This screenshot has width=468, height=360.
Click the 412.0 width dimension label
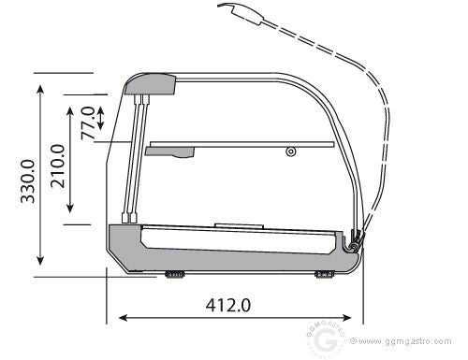click(x=228, y=305)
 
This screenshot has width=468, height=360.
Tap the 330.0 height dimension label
click(x=28, y=181)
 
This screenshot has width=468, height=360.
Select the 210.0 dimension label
click(x=58, y=166)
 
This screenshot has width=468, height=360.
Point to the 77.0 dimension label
click(x=88, y=123)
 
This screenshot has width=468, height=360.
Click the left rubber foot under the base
click(x=175, y=275)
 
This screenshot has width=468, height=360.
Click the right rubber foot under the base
click(x=325, y=275)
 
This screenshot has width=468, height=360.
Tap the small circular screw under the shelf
click(x=291, y=152)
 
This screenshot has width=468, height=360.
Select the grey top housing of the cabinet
click(x=150, y=84)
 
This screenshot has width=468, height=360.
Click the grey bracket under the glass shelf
click(x=170, y=152)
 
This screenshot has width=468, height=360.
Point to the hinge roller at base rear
click(x=354, y=246)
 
